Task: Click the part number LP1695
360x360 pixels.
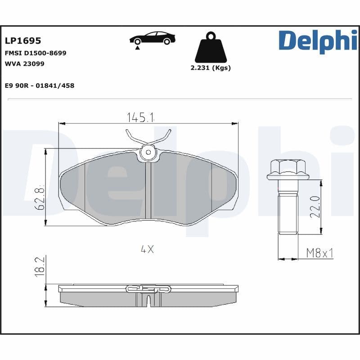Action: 23,40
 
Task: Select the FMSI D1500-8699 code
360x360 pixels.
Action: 36,53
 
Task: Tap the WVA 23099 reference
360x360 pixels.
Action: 24,63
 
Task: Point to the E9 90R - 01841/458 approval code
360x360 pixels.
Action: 40,85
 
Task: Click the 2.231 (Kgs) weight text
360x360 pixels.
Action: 210,68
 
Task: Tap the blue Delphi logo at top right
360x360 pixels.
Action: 318,40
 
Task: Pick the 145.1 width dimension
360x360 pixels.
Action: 140,117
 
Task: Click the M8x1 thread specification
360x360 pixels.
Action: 319,253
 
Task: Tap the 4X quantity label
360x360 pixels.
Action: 147,249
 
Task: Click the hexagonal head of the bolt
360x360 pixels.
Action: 288,169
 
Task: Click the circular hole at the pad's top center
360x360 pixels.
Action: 147,153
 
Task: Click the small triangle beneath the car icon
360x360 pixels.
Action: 136,47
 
